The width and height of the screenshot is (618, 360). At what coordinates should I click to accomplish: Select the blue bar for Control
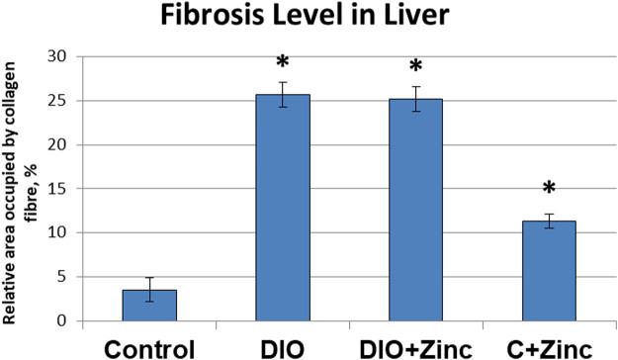pyautogui.click(x=149, y=306)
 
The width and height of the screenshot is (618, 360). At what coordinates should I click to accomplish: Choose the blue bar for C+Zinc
pyautogui.click(x=549, y=271)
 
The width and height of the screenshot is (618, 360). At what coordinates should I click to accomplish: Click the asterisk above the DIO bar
pyautogui.click(x=283, y=68)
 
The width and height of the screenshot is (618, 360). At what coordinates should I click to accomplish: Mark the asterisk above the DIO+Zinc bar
pyautogui.click(x=415, y=68)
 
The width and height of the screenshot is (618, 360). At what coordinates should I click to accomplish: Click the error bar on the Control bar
pyautogui.click(x=149, y=290)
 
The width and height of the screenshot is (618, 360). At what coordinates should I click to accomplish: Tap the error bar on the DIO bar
pyautogui.click(x=283, y=94)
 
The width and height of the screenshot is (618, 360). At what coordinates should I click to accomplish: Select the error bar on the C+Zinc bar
pyautogui.click(x=549, y=222)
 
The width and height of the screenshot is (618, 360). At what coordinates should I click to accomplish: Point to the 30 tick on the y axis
pyautogui.click(x=65, y=56)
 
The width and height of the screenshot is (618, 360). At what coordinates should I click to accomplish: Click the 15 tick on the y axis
pyautogui.click(x=65, y=189)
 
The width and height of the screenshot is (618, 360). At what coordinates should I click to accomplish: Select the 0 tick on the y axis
pyautogui.click(x=69, y=321)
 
